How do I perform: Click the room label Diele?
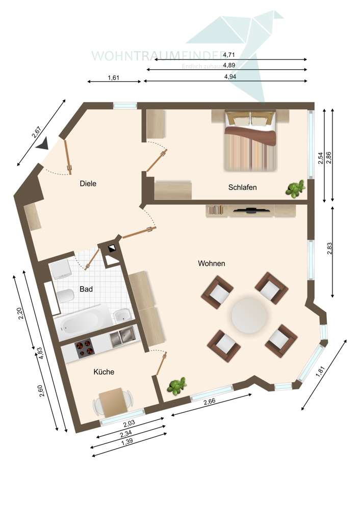88,183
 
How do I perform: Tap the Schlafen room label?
242,187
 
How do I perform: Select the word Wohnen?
212,264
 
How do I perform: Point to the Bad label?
86,289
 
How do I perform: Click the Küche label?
104,372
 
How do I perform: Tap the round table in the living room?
249,315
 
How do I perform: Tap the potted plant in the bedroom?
294,189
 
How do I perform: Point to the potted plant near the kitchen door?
176,387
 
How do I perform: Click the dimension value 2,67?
36,132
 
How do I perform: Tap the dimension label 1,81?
320,372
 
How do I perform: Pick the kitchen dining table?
113,402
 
